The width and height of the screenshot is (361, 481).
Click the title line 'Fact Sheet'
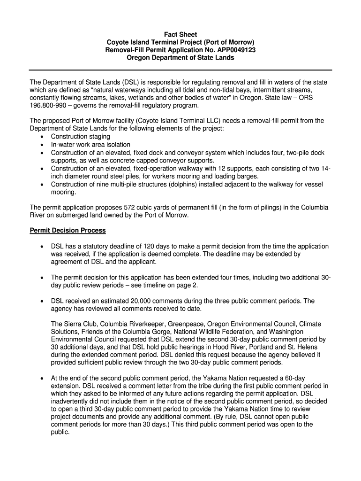180,35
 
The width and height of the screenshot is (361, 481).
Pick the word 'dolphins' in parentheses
182,185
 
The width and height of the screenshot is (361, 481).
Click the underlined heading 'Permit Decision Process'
68,231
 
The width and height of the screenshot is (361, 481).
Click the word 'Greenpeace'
188,324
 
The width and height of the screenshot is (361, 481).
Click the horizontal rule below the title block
180,70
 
